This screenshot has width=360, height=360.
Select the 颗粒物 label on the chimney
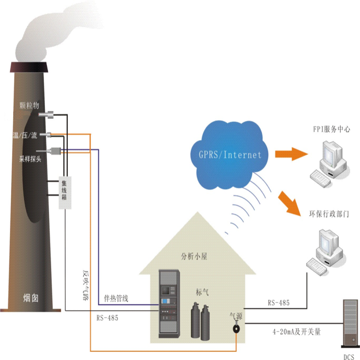(30, 106)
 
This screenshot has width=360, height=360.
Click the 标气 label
(202, 292)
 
